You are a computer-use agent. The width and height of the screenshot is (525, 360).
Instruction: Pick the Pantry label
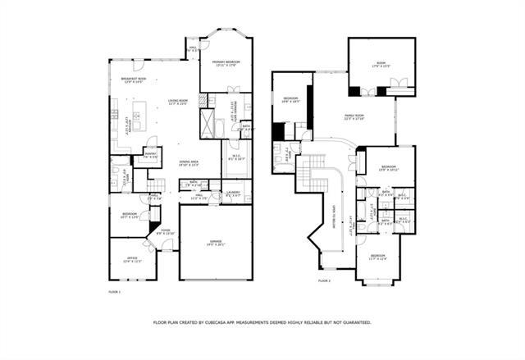(151, 154)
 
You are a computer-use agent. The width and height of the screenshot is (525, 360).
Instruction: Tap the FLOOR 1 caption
(115, 292)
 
